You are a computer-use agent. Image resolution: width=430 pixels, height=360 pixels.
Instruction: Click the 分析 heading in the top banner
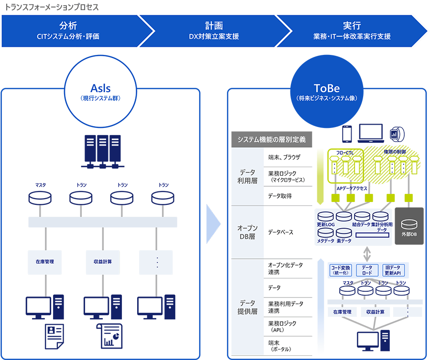coord(68,26)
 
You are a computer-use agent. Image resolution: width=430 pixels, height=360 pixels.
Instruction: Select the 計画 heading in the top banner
coord(214,26)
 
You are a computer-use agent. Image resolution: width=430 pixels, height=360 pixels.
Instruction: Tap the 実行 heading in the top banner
coord(351,26)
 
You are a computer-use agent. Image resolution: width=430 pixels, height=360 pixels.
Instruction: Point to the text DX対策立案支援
coord(214,36)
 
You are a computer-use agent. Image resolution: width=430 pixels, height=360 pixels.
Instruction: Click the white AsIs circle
coord(100,91)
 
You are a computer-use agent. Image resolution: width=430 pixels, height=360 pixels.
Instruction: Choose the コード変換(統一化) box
coord(341,270)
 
